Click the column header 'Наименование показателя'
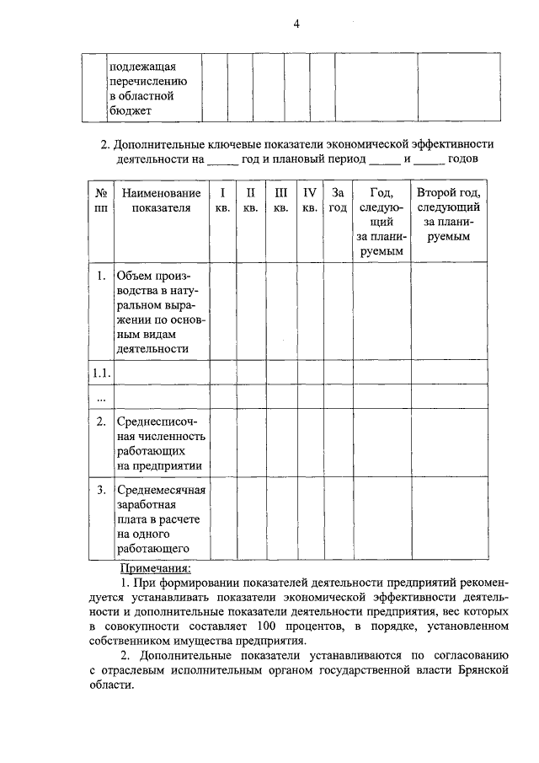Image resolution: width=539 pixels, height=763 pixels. click(x=161, y=200)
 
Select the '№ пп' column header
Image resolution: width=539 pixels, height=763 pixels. click(x=99, y=200)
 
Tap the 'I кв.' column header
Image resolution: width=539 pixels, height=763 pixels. click(x=222, y=200)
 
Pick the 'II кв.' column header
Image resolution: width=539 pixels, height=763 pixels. click(x=250, y=200)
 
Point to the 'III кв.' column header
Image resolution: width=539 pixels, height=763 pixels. click(x=281, y=200)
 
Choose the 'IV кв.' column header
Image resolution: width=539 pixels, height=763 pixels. click(x=309, y=200)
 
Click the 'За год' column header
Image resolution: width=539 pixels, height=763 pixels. click(x=338, y=200)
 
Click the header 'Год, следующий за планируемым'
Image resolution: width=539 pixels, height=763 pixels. click(x=381, y=221)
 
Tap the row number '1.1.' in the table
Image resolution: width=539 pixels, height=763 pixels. click(x=100, y=373)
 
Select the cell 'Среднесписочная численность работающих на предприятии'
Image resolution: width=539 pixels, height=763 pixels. click(x=161, y=443)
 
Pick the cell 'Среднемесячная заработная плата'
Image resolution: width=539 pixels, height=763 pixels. click(x=161, y=519)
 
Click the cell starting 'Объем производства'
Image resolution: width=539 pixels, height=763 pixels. click(x=161, y=311)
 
